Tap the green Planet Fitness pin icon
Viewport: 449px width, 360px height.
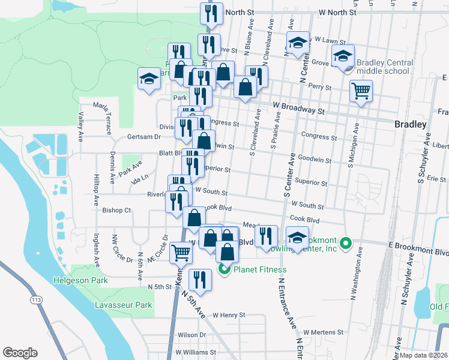[x=225, y=269]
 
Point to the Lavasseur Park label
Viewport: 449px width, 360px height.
[x=124, y=305]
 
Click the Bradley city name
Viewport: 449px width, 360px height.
[x=411, y=124]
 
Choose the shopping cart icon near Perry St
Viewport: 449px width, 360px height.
[x=361, y=91]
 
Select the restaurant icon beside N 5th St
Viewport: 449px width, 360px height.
[x=199, y=280]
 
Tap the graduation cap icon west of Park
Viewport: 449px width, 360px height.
[x=149, y=79]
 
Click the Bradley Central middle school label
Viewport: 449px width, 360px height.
[x=384, y=67]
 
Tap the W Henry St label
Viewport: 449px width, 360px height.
[x=225, y=314]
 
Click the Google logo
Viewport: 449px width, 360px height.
[x=20, y=352]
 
